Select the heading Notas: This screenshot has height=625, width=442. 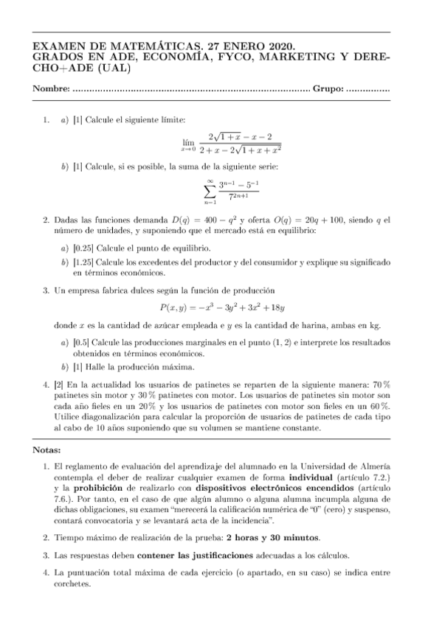click(49, 450)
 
